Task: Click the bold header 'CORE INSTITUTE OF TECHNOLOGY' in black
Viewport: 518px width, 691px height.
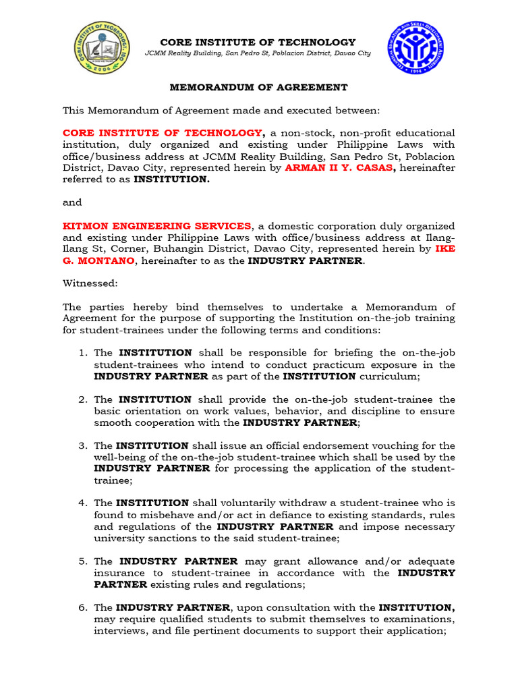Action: (x=257, y=43)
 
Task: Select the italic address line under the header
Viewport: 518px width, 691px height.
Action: (x=258, y=53)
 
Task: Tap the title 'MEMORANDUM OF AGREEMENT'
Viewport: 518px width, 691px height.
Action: (x=258, y=87)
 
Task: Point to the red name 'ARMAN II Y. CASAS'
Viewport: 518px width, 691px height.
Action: (x=339, y=167)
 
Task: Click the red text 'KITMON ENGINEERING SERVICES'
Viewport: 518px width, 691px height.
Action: (x=157, y=225)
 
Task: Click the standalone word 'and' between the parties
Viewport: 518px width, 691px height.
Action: (x=72, y=202)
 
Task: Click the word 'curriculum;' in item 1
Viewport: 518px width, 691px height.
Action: (x=389, y=376)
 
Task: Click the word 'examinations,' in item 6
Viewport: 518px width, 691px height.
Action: (x=422, y=619)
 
